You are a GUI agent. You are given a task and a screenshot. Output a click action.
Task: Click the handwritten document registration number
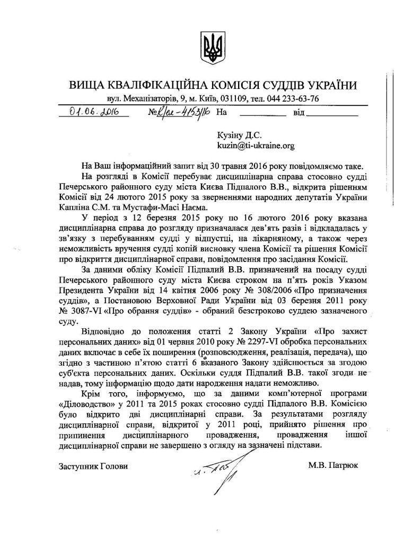[x=181, y=112]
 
